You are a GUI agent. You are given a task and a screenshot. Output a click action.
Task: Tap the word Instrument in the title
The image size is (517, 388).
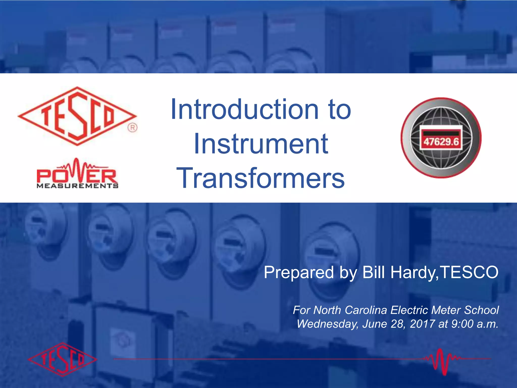click(261, 144)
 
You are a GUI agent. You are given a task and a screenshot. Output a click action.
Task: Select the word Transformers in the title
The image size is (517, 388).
click(261, 179)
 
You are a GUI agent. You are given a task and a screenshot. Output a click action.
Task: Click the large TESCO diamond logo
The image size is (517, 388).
click(77, 116)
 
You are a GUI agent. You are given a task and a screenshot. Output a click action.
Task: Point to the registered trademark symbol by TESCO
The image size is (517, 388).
click(132, 128)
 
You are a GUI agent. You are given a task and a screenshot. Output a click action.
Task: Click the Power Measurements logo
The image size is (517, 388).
click(77, 174)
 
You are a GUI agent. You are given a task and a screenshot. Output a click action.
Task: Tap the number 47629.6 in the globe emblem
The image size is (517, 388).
click(441, 142)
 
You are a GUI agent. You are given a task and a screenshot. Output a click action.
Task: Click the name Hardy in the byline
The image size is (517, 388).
click(413, 273)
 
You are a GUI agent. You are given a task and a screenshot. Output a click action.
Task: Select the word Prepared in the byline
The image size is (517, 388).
click(298, 273)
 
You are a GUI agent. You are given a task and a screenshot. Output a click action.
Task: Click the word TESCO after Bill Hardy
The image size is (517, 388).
click(469, 273)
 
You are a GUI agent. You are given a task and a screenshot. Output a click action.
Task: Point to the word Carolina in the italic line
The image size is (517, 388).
click(366, 310)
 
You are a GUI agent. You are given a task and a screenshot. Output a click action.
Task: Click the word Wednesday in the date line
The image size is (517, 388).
click(327, 324)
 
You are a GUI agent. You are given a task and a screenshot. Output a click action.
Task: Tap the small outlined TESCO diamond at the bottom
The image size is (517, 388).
click(62, 359)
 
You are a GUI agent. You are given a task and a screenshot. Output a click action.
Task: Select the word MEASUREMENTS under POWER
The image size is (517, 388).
click(77, 186)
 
